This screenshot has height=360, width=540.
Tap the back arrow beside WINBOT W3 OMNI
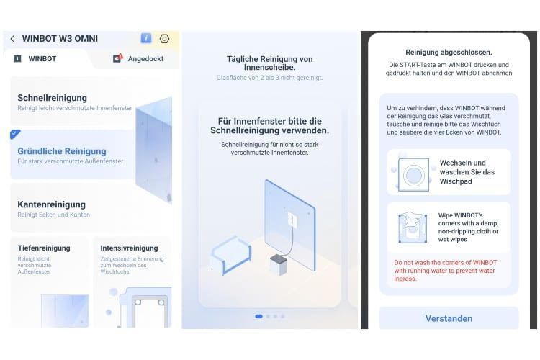coord(12,39)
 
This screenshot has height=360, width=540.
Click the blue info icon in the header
coord(146,38)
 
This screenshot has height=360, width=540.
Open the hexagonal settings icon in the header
coord(164,39)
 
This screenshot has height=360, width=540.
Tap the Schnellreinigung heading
coord(52,97)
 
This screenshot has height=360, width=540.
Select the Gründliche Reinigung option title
coord(61,151)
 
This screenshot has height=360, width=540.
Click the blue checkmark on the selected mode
coord(15,134)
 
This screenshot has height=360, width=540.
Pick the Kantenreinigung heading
coord(51,204)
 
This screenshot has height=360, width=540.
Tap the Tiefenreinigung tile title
coord(44,248)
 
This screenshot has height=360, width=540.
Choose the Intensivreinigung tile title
coord(129,248)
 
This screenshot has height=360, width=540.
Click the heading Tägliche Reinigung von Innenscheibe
coord(269,62)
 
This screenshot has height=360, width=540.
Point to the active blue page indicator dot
coord(258,316)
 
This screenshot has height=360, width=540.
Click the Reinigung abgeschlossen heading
coord(449,53)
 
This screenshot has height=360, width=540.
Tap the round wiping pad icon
coord(413,174)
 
